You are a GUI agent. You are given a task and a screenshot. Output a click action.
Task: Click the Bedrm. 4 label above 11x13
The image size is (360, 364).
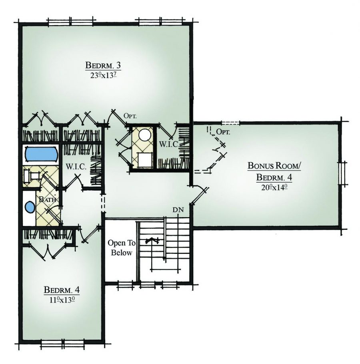point(59,289)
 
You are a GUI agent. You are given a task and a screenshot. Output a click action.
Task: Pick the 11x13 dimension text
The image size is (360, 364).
point(59,299)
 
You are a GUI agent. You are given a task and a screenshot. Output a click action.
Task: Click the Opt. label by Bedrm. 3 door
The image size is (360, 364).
point(130,116)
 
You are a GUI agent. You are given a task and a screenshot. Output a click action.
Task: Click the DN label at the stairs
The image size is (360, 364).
point(178,209)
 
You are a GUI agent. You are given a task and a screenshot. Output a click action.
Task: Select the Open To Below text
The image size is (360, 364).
point(121,248)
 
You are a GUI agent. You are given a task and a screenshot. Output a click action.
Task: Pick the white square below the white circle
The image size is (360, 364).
point(144,160)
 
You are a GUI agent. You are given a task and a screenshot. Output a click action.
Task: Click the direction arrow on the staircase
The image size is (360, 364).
point(152,241)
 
